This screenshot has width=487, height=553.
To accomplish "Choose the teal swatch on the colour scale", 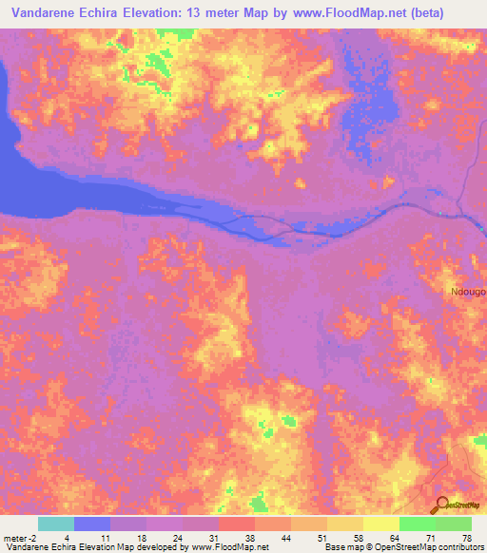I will [56, 524].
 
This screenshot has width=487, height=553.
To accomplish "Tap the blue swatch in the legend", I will [92, 524].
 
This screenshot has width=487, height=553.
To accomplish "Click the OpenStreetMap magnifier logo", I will [440, 505].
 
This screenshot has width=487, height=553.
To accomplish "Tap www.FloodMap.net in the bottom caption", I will [229, 547].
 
